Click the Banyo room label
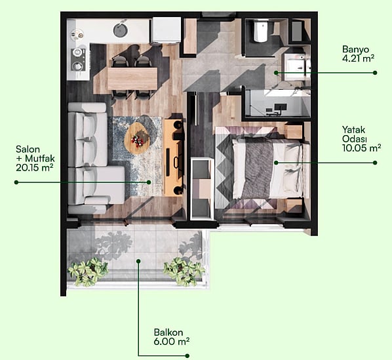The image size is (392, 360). click(x=355, y=49)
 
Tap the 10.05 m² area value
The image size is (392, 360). click(x=361, y=148)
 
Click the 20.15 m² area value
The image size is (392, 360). click(x=35, y=167)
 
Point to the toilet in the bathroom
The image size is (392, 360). click(x=260, y=31)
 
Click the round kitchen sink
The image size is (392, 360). click(x=121, y=30)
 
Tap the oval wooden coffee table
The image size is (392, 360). click(x=137, y=138)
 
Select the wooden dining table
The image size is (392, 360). click(x=132, y=79)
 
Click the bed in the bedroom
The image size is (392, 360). click(x=267, y=169)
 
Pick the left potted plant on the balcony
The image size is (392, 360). click(x=87, y=272)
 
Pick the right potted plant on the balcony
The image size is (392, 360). click(x=184, y=271)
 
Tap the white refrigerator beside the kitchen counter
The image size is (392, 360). click(x=167, y=31)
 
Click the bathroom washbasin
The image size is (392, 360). click(x=296, y=66)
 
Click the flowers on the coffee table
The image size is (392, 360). click(x=137, y=140)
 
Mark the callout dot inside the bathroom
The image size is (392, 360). click(x=276, y=73)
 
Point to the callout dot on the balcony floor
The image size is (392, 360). click(x=138, y=261)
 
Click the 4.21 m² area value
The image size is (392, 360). click(x=358, y=58)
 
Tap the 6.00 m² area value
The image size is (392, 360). click(x=172, y=342)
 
